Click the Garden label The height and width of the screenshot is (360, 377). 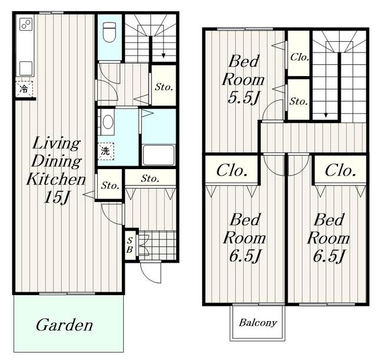[64, 325]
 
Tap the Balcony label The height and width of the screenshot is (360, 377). [258, 323]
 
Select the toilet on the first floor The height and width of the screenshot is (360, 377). [110, 32]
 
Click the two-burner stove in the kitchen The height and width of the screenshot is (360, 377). [26, 24]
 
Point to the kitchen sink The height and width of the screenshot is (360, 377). [26, 68]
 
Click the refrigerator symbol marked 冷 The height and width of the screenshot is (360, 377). [24, 89]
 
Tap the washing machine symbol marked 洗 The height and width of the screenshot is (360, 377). [105, 151]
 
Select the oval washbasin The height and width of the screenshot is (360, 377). [108, 122]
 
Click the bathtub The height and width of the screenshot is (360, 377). [158, 155]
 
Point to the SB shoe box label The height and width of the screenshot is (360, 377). [130, 245]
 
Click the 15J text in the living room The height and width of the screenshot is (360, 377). [57, 197]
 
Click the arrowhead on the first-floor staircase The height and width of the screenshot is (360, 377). [164, 55]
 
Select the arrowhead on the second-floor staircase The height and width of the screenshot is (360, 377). [326, 115]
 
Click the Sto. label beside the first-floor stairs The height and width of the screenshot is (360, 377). [164, 87]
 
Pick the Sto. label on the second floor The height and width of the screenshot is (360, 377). [299, 101]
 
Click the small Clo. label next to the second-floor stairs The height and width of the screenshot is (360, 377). [299, 57]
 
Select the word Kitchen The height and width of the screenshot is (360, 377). [56, 179]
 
